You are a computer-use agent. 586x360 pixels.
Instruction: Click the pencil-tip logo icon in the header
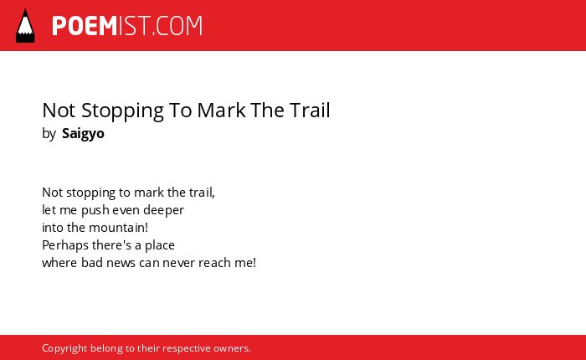25,25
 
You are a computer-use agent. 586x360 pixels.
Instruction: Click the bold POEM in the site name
85,26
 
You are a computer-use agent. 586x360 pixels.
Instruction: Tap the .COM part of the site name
177,26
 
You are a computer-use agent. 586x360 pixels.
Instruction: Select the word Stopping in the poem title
122,111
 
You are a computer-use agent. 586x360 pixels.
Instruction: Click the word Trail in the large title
309,111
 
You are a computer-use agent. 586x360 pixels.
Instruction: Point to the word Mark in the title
221,111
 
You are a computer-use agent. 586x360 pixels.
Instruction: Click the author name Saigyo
83,134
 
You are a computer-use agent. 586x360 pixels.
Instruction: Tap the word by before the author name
49,134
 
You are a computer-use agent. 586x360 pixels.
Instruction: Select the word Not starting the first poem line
52,193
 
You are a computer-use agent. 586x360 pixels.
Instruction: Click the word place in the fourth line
160,245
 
